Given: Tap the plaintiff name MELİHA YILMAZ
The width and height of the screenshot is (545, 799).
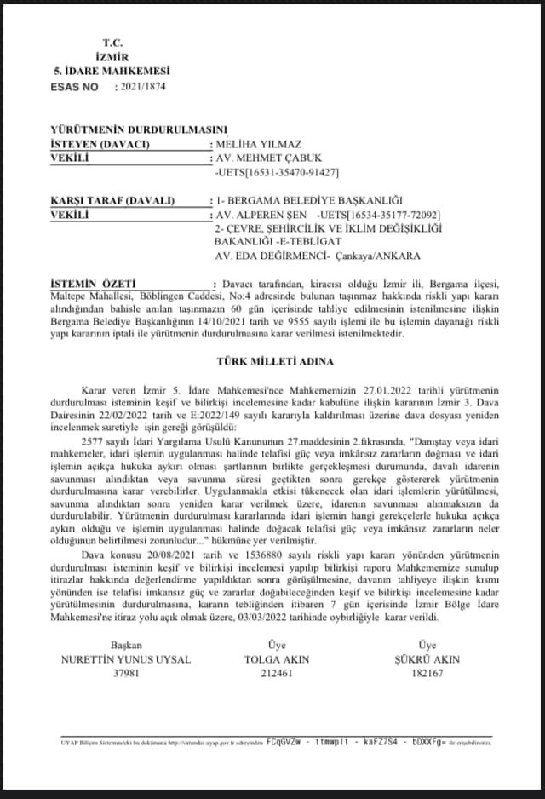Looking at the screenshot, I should pos(259,144).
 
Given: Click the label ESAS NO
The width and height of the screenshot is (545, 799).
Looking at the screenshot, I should pos(75,87).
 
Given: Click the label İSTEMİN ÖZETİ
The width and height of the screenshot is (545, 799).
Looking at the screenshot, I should pos(94,283).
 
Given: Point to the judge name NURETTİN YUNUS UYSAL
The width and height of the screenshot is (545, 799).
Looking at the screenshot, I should pos(126,659).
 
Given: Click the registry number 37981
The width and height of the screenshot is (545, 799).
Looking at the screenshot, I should pos(126,673).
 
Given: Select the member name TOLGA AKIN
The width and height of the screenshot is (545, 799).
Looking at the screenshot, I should pos(277,659).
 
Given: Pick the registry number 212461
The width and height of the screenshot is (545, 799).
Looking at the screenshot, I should pos(277,673).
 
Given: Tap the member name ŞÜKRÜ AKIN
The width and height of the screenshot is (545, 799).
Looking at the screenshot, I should pos(427,659).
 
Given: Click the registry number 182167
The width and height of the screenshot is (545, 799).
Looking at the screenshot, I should pos(427,673).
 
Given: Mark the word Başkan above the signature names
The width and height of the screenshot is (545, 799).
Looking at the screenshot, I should pos(126,646).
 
